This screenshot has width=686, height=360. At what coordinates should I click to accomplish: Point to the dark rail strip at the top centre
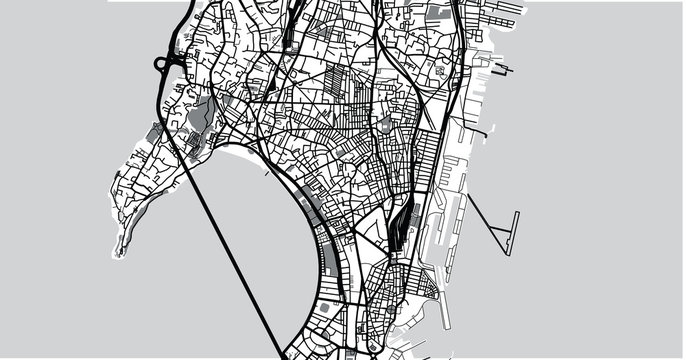coord(287,25)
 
